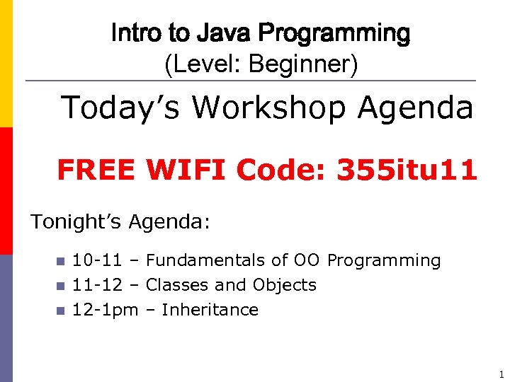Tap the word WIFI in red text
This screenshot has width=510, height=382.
pyautogui.click(x=185, y=170)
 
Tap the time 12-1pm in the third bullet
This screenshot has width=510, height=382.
pyautogui.click(x=105, y=310)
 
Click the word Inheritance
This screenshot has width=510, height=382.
pyautogui.click(x=210, y=310)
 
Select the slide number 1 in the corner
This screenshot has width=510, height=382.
pyautogui.click(x=501, y=374)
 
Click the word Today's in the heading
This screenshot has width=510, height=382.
pyautogui.click(x=120, y=108)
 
